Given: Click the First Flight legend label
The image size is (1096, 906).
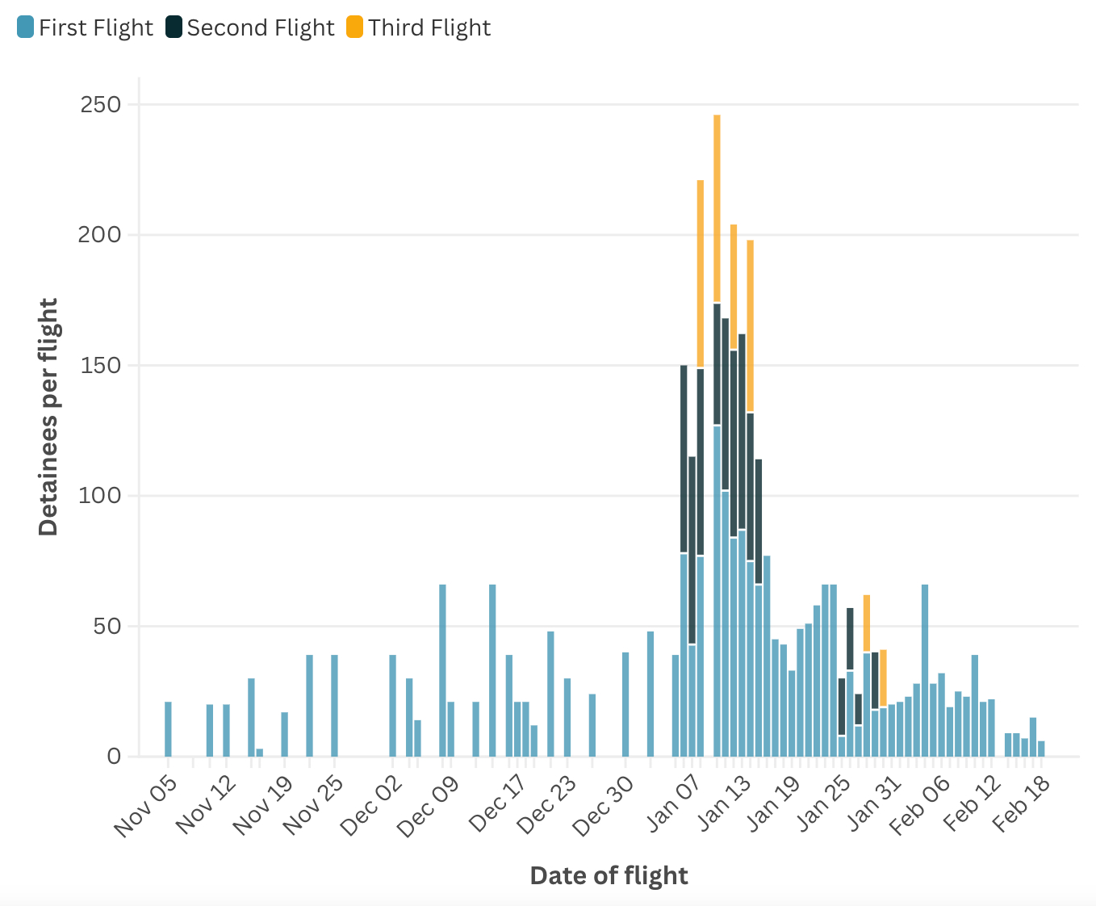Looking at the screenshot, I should point(95,27).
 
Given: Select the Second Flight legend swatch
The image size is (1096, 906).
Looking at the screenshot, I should point(174,27).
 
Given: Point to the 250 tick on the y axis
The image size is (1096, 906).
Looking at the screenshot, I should point(100,104).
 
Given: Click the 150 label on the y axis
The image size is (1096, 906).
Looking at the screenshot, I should point(100,365).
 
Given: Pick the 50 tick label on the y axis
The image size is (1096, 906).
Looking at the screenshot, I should point(107,626).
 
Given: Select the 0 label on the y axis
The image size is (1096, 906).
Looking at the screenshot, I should point(114,757).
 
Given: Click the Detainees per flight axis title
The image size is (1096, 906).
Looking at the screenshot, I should point(48,417).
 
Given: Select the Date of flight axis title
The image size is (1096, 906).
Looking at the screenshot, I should point(609,875).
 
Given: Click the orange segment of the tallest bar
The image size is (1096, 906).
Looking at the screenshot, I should point(717,208).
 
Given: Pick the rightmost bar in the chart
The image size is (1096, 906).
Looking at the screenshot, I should point(1041,749).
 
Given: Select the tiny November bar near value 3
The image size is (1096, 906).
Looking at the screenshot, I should point(260,753).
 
